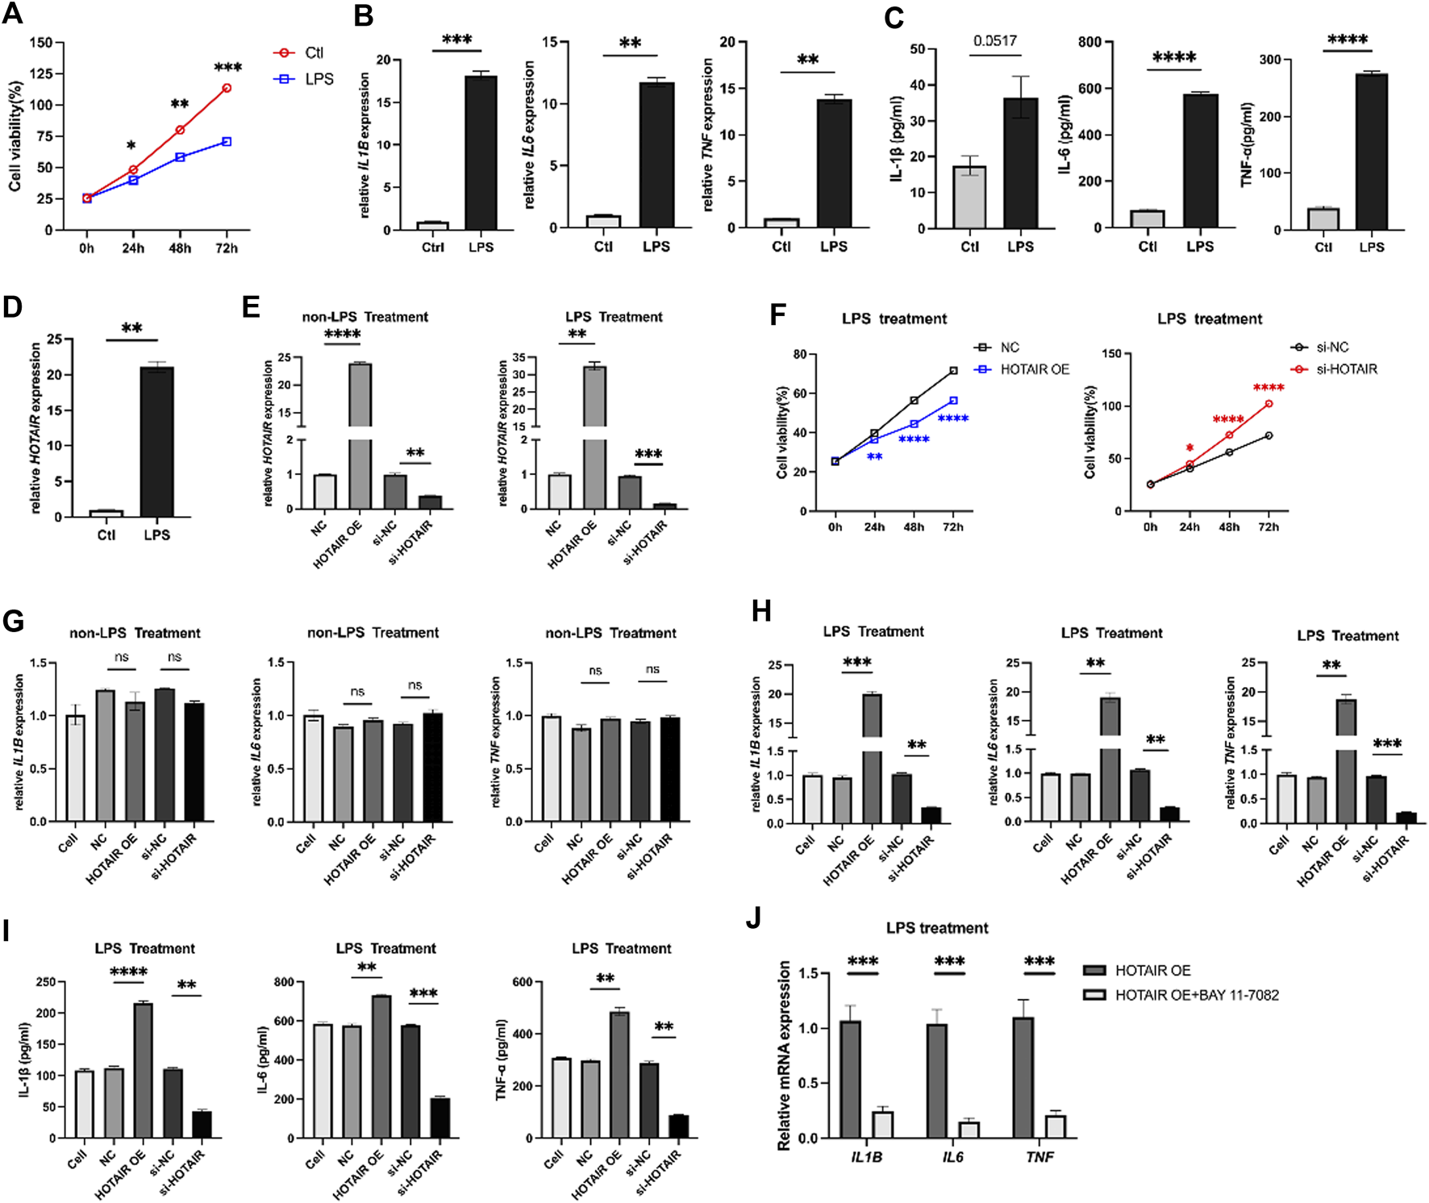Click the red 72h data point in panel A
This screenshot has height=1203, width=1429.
(227, 88)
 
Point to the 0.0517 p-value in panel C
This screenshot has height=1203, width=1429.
(994, 41)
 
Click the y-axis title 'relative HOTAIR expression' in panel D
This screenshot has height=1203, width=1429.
(35, 427)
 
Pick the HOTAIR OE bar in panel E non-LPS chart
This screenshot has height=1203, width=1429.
(360, 435)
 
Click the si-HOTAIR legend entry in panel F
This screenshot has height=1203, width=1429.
(1346, 369)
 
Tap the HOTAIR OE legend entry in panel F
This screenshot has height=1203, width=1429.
(1034, 369)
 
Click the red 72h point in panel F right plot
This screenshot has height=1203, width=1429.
(1269, 403)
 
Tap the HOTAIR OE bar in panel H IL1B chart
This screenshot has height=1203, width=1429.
(872, 758)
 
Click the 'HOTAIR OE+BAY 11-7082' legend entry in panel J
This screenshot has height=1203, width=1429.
(1196, 995)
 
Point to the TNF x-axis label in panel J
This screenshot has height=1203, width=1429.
(1039, 1157)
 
